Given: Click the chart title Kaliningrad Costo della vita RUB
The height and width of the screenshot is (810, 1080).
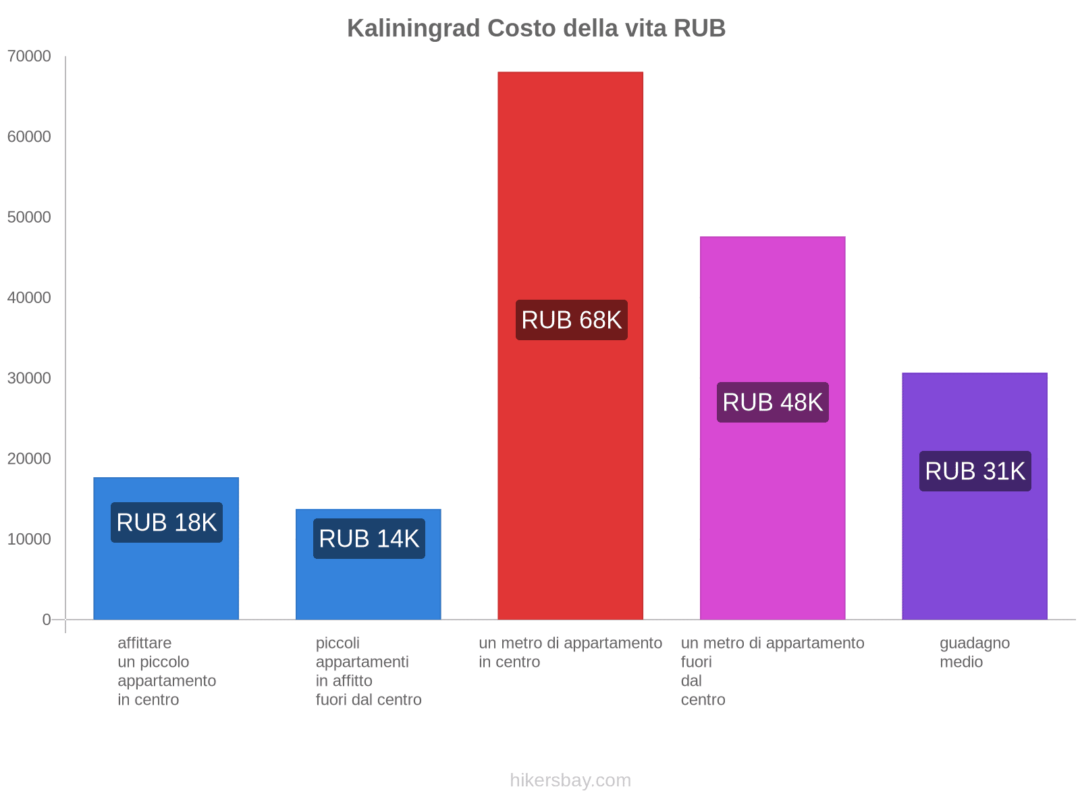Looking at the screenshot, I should click(x=536, y=28).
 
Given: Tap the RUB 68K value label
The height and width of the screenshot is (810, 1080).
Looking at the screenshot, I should click(x=571, y=320).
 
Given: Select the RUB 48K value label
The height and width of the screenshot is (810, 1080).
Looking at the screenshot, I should click(x=772, y=402).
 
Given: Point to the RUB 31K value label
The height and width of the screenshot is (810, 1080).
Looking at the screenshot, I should click(x=975, y=471).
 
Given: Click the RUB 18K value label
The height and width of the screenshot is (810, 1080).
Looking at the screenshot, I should click(x=166, y=522).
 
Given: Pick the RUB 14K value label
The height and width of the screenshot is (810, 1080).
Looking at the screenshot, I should click(x=369, y=539).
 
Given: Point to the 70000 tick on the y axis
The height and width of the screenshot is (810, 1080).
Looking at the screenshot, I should click(x=30, y=57).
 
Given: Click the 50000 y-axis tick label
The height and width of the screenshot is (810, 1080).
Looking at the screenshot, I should click(x=30, y=217).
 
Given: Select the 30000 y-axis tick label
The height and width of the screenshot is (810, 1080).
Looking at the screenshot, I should click(x=30, y=378).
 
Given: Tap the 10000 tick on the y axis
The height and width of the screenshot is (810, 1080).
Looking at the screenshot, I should click(x=30, y=539).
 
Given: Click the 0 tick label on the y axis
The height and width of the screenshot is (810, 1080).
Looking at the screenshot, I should click(x=47, y=620).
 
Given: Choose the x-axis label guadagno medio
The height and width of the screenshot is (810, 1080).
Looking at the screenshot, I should click(x=974, y=652).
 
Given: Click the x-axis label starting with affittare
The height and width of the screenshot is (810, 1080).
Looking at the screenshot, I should click(x=166, y=671).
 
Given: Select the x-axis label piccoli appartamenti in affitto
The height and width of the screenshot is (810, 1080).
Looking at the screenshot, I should click(x=368, y=671).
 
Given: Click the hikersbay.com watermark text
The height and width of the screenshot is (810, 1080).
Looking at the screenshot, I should click(x=570, y=780).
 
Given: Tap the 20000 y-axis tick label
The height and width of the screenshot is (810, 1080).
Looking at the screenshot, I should click(x=30, y=459).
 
